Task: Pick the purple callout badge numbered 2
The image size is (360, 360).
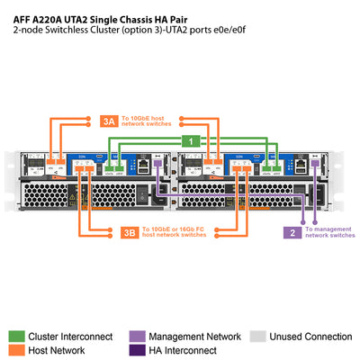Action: pyautogui.click(x=292, y=232)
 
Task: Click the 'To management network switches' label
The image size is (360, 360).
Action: pyautogui.click(x=329, y=232)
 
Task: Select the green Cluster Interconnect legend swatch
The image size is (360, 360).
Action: pyautogui.click(x=17, y=336)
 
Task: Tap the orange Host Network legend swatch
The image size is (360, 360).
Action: pyautogui.click(x=17, y=350)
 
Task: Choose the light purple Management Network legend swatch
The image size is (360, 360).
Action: pyautogui.click(x=135, y=336)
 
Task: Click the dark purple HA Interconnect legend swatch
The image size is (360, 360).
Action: pyautogui.click(x=135, y=350)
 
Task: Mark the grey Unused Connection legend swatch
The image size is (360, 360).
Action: pyautogui.click(x=256, y=336)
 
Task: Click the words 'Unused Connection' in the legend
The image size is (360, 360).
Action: pyautogui.click(x=310, y=336)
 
